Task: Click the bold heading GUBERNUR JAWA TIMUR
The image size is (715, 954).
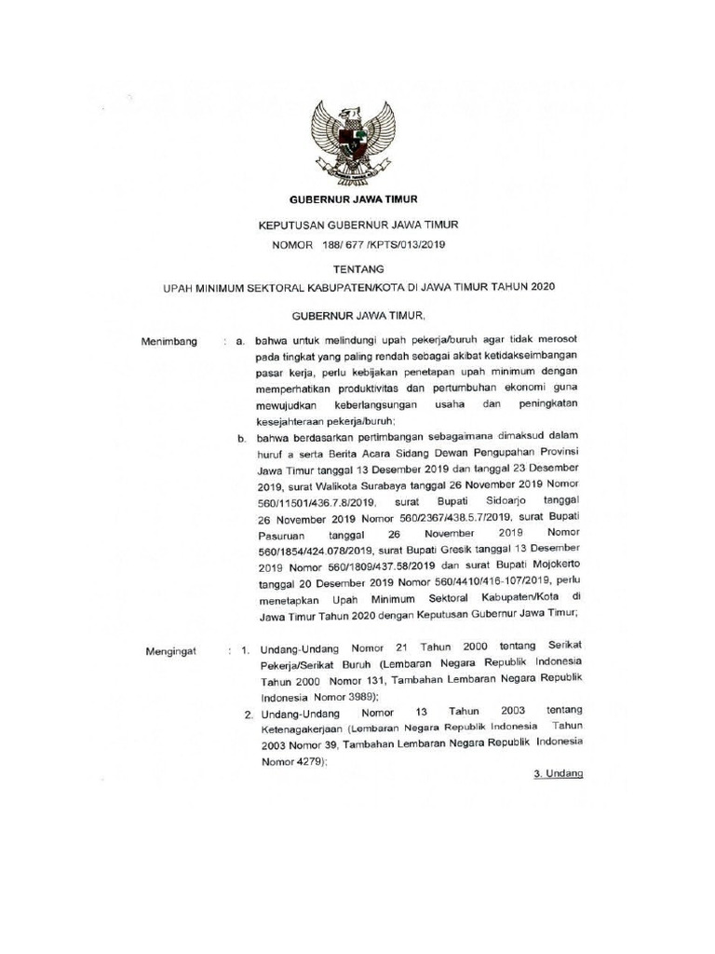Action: pos(353,199)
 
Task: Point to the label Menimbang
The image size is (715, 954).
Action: pos(169,343)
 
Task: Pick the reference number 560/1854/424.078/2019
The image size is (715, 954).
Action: pos(315,551)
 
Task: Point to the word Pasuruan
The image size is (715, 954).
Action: pos(281,535)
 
